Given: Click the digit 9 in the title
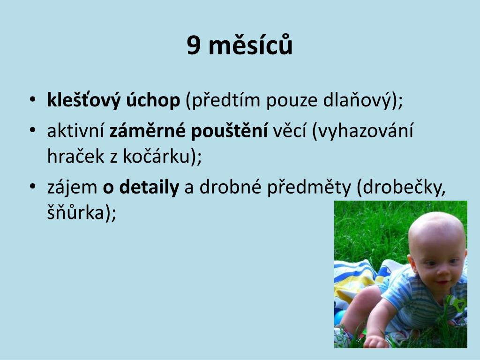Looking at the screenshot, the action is click(x=194, y=46).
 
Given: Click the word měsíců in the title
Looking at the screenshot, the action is click(x=250, y=44).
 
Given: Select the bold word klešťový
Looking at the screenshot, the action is click(x=84, y=101).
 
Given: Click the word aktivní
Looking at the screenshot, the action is click(x=75, y=130).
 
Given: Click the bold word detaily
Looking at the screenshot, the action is click(x=149, y=187).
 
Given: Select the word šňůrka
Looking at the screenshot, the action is click(x=76, y=212).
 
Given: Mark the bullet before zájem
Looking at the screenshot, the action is click(x=33, y=187).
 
